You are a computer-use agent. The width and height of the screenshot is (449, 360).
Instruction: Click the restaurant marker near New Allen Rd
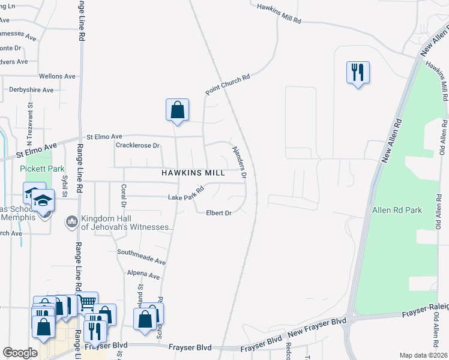click(x=358, y=73)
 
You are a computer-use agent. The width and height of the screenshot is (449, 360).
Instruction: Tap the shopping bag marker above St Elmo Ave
click(x=177, y=110)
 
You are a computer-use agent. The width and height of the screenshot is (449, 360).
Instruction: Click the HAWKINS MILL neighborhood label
click(x=193, y=172)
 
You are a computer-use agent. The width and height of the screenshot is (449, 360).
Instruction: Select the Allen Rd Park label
click(x=397, y=210)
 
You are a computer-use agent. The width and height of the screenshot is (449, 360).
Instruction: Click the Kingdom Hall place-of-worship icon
click(x=71, y=222)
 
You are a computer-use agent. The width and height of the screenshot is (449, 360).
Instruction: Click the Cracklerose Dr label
click(x=137, y=145)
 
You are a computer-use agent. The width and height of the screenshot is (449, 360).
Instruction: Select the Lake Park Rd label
click(x=186, y=194)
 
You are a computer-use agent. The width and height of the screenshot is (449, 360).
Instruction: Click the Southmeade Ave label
click(x=141, y=257)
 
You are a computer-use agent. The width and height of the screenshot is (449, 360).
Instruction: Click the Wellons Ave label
click(x=57, y=76)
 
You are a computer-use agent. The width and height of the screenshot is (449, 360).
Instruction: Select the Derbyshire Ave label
click(x=31, y=89)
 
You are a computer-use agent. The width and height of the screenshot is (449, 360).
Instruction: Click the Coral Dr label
click(x=124, y=194)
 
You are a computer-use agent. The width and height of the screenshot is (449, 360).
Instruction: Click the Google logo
click(x=20, y=353)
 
